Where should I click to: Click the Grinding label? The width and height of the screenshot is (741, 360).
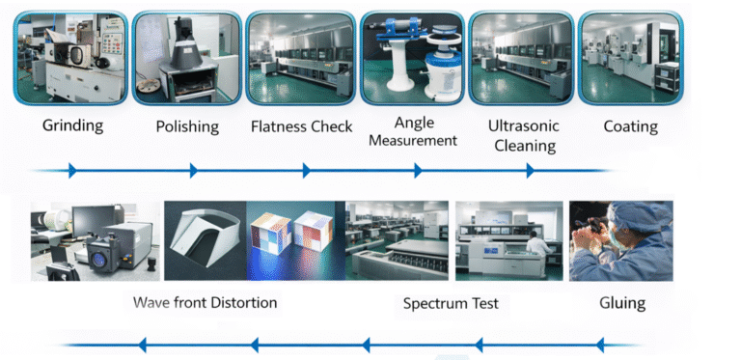coord(72,125)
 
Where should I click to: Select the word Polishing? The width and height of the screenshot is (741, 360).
coord(187,126)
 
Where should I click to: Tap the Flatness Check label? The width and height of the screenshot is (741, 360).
coord(301,126)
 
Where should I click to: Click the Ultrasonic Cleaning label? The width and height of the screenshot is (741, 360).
coord(524,136)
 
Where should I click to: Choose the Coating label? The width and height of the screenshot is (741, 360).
coord(630,126)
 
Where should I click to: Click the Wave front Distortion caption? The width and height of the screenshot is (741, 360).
coord(205,302)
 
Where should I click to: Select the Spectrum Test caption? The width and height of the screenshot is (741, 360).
coord(451,303)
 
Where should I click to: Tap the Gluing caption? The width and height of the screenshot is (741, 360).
coord(621,303)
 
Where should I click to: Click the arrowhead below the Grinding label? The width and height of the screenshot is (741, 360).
coord(72,171)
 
